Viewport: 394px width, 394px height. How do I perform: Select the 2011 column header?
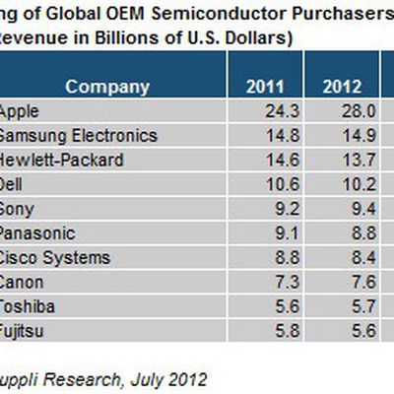pyautogui.click(x=263, y=87)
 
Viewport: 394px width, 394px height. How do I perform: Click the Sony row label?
pyautogui.click(x=18, y=208)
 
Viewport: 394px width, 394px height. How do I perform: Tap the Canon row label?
pyautogui.click(x=22, y=282)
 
